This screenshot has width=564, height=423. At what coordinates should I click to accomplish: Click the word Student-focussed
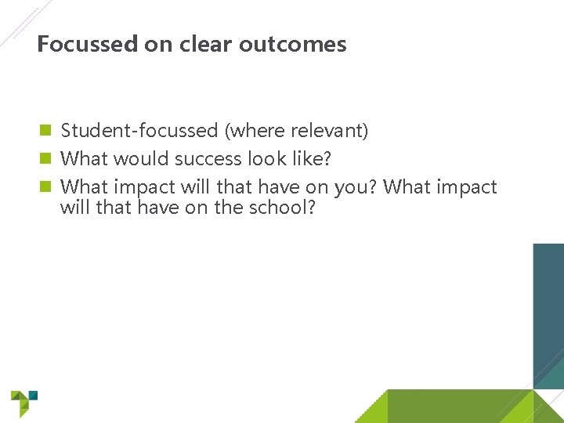click(139, 131)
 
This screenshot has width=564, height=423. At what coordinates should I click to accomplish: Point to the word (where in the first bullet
click(249, 131)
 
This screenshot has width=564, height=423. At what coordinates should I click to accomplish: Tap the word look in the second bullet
click(267, 159)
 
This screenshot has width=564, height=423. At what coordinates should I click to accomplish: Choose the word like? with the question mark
click(311, 159)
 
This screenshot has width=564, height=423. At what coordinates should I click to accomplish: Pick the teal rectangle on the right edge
click(548, 313)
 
